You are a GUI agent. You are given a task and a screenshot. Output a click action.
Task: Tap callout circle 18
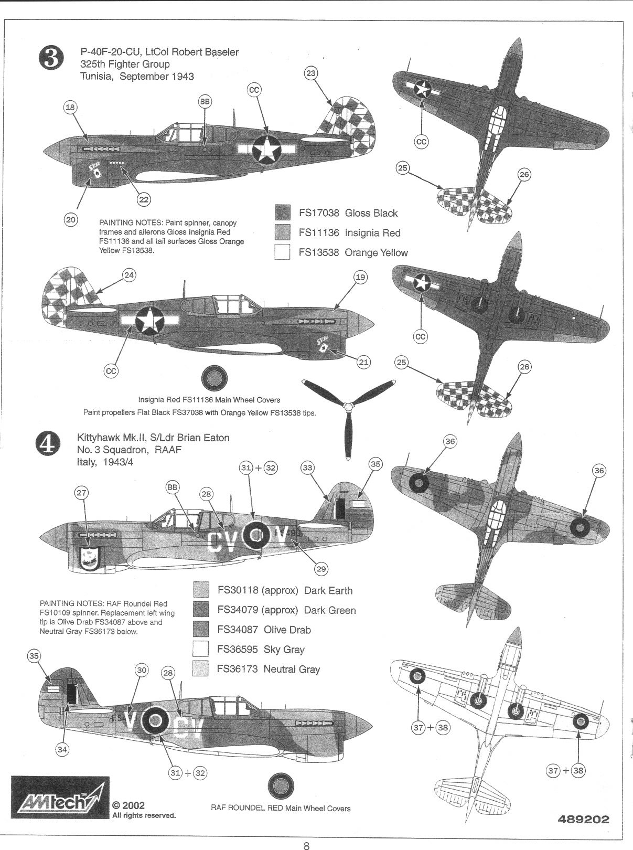[70, 108]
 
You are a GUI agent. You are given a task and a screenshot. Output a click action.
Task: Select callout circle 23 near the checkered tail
[311, 73]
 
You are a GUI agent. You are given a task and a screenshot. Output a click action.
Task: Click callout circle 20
[71, 219]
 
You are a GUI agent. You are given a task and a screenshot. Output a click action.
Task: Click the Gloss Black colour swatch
[282, 213]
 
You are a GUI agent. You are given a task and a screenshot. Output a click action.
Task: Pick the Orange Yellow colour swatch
[282, 252]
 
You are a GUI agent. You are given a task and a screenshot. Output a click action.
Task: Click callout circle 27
[82, 493]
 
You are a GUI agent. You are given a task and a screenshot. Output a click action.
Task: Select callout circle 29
[320, 568]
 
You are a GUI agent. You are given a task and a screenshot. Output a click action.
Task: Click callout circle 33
[308, 467]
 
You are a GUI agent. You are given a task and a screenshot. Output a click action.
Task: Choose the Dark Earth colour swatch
[201, 590]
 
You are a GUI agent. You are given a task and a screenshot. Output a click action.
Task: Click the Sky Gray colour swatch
[201, 649]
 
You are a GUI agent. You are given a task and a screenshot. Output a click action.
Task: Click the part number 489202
[584, 819]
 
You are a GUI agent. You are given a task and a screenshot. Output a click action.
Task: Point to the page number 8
[307, 845]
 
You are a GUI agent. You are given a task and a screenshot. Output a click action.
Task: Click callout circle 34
[62, 749]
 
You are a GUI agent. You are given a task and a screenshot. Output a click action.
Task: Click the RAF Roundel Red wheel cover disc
[281, 785]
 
